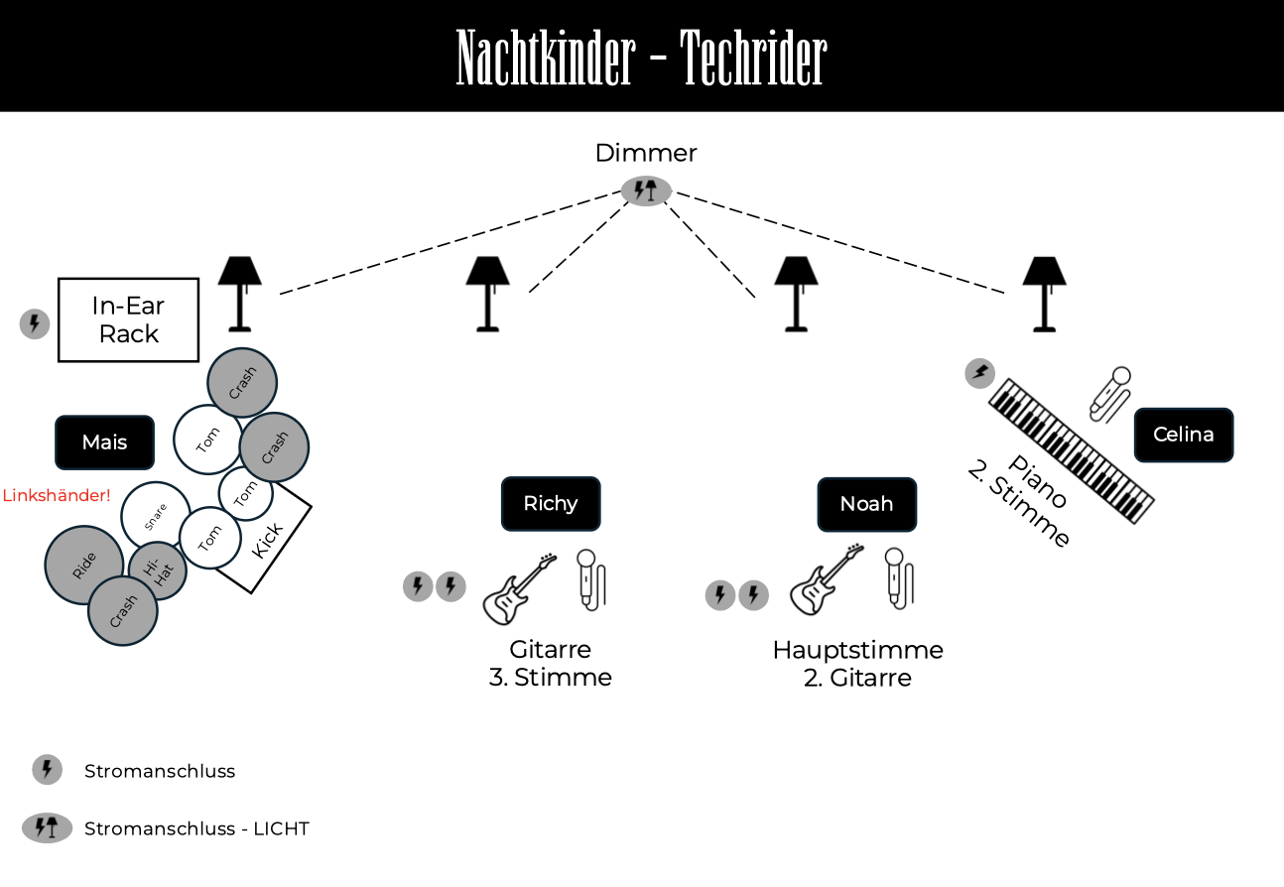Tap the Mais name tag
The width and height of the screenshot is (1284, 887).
[x=105, y=443]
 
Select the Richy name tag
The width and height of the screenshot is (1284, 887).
[x=551, y=504]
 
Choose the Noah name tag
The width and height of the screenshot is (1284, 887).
[x=866, y=504]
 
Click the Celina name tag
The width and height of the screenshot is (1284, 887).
[x=1184, y=435]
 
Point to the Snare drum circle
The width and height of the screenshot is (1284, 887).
[x=156, y=516]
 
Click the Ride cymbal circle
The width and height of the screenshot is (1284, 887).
[x=84, y=565]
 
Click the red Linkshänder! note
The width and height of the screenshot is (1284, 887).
[x=57, y=495]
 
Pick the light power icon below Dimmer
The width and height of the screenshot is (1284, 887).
[x=646, y=190]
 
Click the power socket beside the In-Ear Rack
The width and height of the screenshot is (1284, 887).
[x=35, y=323]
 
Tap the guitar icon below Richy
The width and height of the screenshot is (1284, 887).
[x=519, y=588]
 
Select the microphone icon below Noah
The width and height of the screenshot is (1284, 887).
[x=898, y=578]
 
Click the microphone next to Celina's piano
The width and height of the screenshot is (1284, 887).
[x=1110, y=395]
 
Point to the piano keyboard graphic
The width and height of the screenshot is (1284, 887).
[x=1072, y=450]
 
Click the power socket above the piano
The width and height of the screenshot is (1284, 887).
[x=979, y=373]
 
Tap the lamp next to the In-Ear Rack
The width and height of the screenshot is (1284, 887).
[x=239, y=294]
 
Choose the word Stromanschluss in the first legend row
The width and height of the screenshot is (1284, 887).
[x=160, y=771]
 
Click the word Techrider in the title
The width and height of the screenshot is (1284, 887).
[x=753, y=58]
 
